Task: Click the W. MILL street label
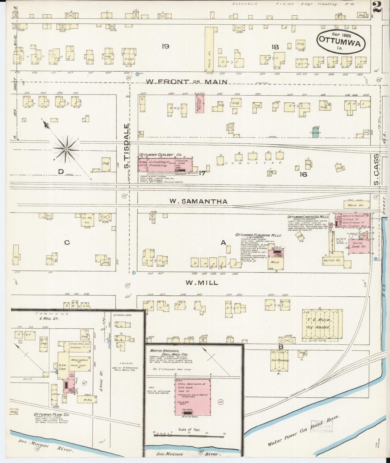pyautogui.click(x=202, y=283)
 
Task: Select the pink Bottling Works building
pyautogui.click(x=200, y=103)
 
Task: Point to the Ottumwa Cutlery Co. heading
pyautogui.click(x=160, y=155)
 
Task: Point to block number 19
pyautogui.click(x=165, y=46)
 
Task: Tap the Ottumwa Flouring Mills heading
pyautogui.click(x=258, y=235)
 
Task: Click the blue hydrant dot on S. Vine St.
pyautogui.click(x=109, y=342)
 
